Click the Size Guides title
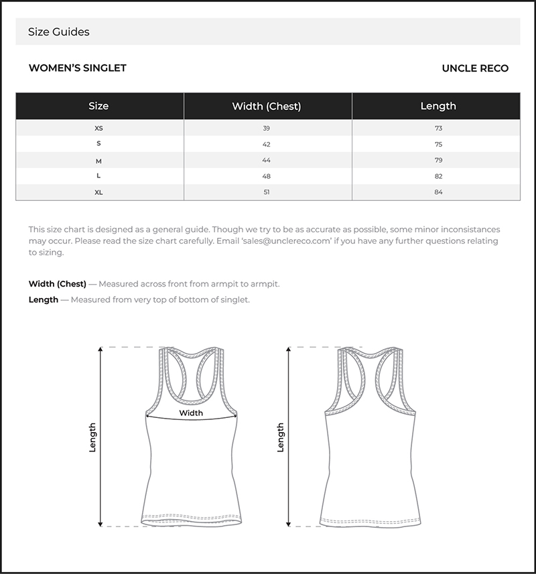coord(58,32)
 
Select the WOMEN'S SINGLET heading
coord(78,68)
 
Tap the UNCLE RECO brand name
coord(475,68)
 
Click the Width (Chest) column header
coord(267,106)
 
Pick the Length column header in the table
coord(438,106)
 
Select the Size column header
coord(98,106)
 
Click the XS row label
coord(98,128)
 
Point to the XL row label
coord(98,192)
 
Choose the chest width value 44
coord(267,160)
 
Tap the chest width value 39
coord(267,128)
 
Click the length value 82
coord(438,176)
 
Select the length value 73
coord(438,128)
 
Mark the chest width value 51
coord(267,192)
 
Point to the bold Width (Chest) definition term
coord(58,284)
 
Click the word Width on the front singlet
coord(191,413)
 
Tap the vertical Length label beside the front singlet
coord(92,437)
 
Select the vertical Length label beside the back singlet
coord(280,437)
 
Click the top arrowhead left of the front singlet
coord(100,350)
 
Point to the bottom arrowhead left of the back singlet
coord(289,524)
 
